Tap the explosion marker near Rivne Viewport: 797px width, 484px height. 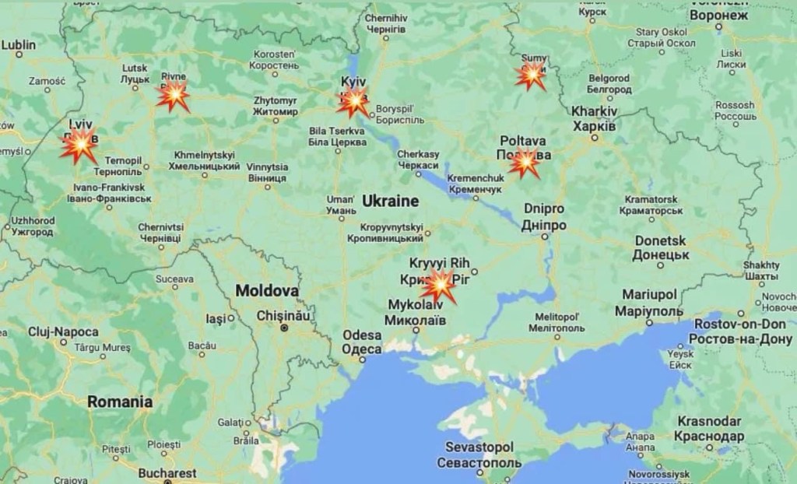tap(173, 96)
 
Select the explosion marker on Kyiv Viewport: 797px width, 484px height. tap(353, 102)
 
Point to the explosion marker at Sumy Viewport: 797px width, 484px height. tap(532, 76)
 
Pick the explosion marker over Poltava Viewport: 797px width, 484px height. tap(525, 162)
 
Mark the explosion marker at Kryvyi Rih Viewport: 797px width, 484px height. tap(439, 287)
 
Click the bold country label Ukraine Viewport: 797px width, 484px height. tap(390, 201)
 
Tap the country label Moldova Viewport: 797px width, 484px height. tap(267, 291)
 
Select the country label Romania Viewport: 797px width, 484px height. tap(119, 402)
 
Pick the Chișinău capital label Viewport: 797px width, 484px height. tap(285, 317)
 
